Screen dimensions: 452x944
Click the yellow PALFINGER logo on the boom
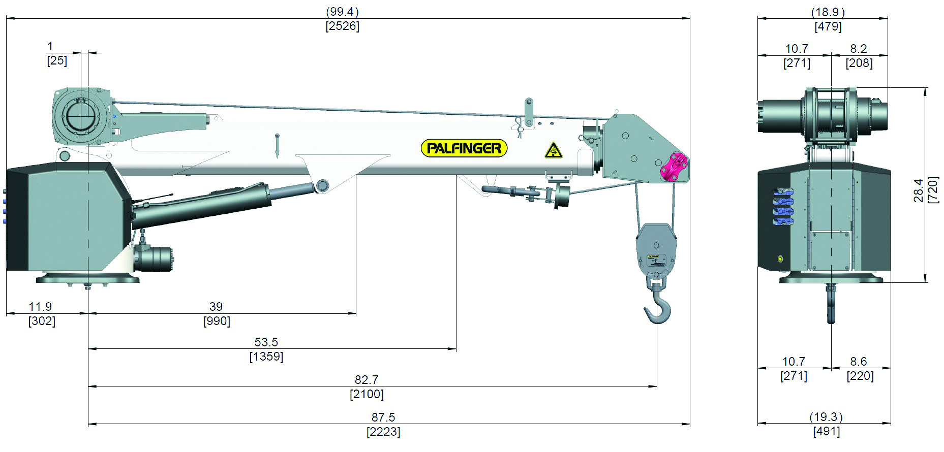464,148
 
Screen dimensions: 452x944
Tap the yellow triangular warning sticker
553,151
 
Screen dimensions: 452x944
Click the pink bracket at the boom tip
674,167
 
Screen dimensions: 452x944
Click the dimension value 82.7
367,380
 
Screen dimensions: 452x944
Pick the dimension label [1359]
266,357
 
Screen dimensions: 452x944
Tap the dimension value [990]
217,321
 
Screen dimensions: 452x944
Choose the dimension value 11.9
40,307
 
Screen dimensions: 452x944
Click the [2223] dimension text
383,432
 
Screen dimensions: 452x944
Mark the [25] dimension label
57,61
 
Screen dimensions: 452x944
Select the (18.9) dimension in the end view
828,12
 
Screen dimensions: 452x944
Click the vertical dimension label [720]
933,190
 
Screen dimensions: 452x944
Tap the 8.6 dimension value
859,362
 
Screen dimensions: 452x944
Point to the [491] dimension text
827,432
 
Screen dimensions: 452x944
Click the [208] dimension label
859,63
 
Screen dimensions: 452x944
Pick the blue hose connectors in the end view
783,206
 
